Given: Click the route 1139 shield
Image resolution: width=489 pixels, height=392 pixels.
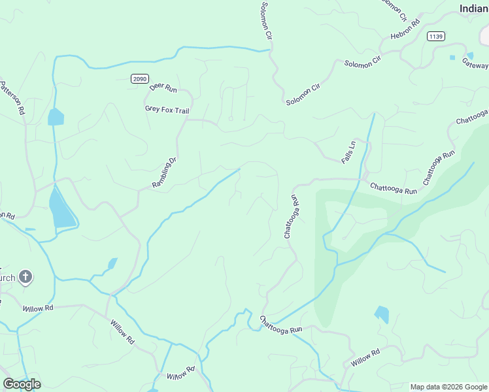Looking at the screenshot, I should click(437, 36).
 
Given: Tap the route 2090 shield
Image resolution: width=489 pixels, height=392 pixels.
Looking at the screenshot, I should click(139, 78).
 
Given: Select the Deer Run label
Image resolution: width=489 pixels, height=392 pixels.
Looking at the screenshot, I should click(163, 87).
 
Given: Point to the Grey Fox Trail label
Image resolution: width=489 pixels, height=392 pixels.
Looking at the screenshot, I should click(167, 110).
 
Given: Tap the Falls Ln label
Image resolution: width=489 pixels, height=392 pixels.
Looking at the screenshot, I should click(348, 152).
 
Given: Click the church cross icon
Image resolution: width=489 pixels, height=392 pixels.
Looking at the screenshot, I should click(25, 277).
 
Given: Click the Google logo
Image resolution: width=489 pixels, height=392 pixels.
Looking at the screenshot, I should click(21, 384).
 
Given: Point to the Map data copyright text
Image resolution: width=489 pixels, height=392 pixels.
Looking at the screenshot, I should click(449, 387).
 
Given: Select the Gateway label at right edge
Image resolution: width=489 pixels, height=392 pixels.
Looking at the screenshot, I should click(475, 65).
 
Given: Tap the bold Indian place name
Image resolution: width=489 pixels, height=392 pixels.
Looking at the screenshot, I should click(473, 8).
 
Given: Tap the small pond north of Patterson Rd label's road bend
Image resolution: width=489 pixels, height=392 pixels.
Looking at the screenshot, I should click(56, 118).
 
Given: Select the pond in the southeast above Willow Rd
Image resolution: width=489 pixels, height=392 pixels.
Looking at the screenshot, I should click(382, 315).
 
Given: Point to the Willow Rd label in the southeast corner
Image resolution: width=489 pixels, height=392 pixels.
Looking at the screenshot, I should click(365, 358).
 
